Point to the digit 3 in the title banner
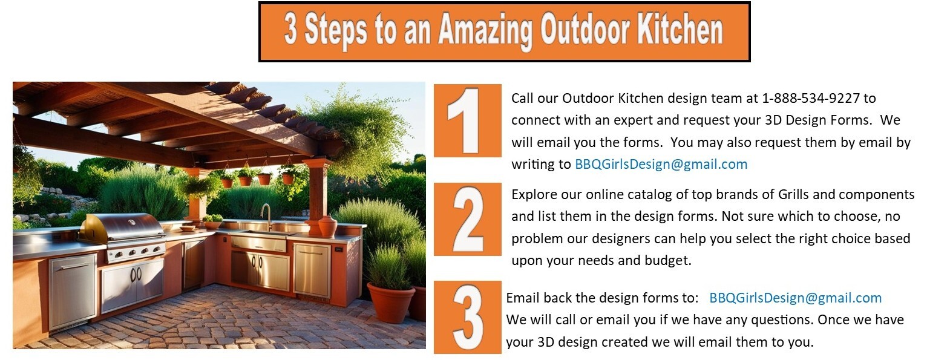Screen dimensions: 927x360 pos(291,29)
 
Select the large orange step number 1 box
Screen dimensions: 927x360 pos(467,120)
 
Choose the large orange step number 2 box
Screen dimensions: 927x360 pos(467,219)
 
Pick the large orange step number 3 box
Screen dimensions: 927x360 pos(467,317)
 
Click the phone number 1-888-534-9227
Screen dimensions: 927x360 pos(811,98)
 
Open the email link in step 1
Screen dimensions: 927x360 pos(661,165)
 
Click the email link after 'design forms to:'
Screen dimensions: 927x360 pos(796,298)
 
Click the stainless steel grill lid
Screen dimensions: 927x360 pos(122,227)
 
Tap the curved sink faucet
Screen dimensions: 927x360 pos(266,216)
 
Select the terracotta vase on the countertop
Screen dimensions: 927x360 pos(327,226)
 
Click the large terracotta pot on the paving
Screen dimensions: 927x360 pos(391,303)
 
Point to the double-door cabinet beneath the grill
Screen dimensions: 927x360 pos(133,285)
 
